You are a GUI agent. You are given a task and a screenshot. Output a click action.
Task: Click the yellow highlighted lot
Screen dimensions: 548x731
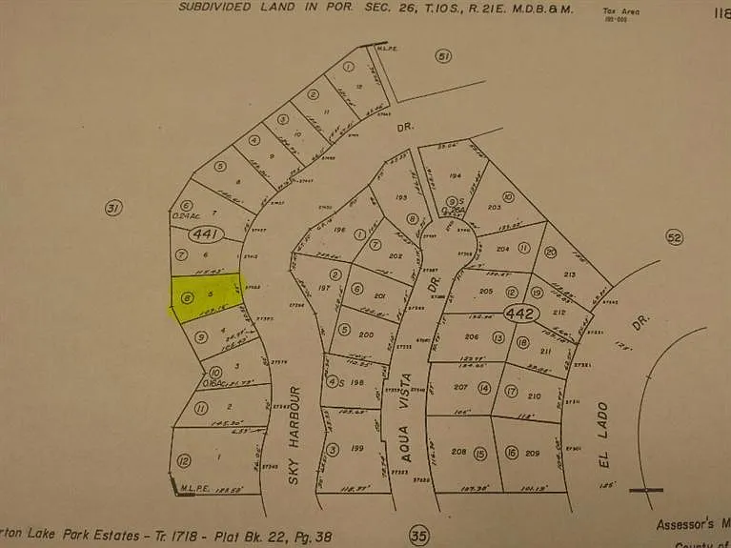point(204,296)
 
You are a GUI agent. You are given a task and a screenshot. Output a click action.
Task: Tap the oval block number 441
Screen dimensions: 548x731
point(205,233)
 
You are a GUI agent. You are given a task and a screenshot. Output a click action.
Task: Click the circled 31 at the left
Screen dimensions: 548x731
point(114,208)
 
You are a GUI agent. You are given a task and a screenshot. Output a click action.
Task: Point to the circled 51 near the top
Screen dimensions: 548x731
point(442,57)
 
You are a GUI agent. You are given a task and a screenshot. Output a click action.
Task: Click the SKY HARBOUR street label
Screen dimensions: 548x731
point(294,434)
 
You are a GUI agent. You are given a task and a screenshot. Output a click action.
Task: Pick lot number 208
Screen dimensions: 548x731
point(459,452)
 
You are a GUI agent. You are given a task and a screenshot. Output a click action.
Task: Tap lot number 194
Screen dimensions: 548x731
point(455,177)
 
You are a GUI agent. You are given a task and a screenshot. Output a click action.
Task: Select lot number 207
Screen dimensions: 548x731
point(461,388)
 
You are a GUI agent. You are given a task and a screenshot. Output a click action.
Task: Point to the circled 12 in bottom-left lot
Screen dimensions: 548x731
point(183,460)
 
